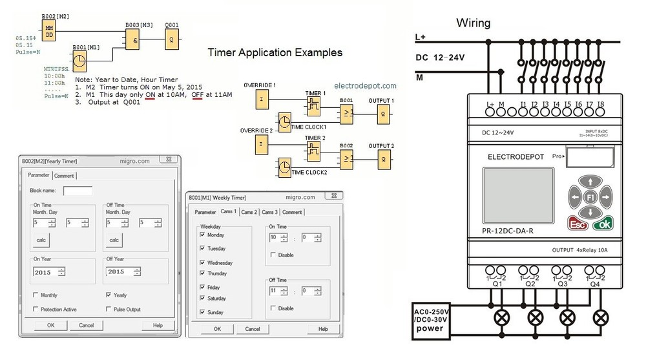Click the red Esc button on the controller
click(578, 224)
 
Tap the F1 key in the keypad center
click(589, 196)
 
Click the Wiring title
click(474, 23)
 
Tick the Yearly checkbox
click(108, 295)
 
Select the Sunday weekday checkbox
click(203, 312)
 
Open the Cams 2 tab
click(249, 212)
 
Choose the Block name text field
click(78, 191)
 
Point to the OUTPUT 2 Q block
click(384, 159)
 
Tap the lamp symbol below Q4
click(601, 317)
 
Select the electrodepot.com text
click(366, 85)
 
